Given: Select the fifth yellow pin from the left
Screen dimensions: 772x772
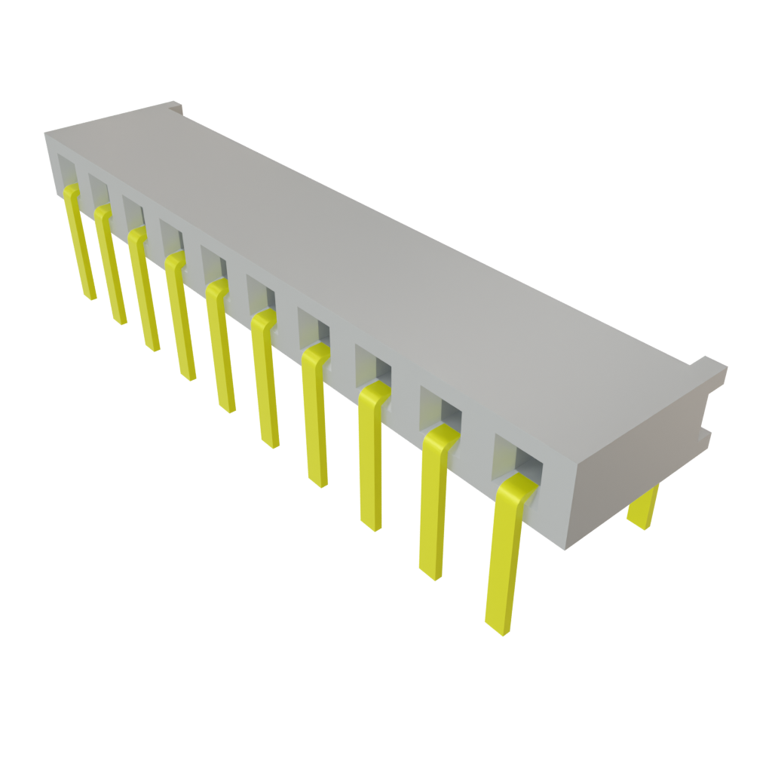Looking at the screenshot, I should [220, 347].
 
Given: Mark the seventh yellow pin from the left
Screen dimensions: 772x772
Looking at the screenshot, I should [315, 415].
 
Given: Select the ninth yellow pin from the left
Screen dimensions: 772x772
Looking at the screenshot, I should [432, 505].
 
